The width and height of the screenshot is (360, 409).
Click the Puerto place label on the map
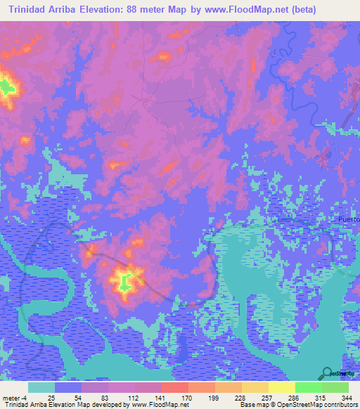(348, 219)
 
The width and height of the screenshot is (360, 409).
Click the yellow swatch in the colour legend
(281, 387)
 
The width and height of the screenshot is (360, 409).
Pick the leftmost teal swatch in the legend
(41, 387)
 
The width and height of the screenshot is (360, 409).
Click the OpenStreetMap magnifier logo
(328, 373)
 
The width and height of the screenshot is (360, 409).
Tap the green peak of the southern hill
(124, 283)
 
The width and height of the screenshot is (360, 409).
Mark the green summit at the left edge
(6, 88)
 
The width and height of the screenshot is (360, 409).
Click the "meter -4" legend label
(15, 398)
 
